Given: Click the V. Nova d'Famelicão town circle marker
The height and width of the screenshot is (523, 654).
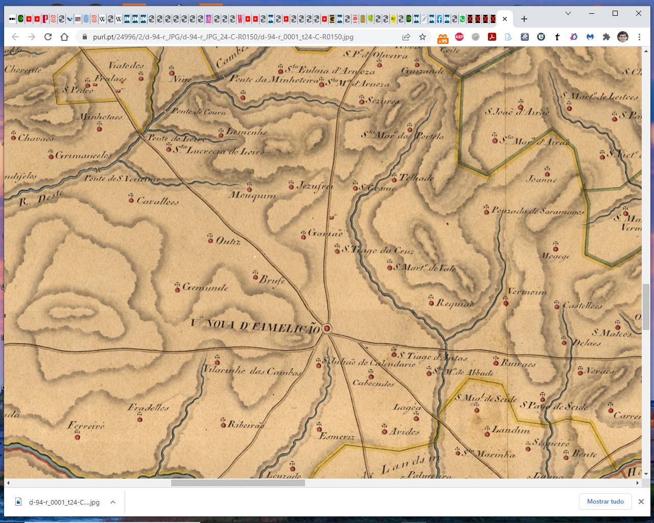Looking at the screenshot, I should [327, 328].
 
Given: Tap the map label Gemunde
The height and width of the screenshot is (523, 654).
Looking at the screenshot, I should [205, 288].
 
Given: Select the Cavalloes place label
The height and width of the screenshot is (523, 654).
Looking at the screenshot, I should [158, 201].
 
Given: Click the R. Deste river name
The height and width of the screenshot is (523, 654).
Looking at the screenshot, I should [41, 198].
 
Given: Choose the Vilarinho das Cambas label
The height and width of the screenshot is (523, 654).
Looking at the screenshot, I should [252, 371].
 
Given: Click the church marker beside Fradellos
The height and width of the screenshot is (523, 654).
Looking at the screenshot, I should [139, 419].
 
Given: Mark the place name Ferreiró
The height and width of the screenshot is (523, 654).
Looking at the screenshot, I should [86, 425].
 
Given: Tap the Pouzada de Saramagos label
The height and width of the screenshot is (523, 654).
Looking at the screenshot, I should [538, 211].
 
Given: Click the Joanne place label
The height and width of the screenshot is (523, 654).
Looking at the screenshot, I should [542, 179].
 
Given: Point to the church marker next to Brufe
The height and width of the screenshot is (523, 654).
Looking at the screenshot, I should [255, 276].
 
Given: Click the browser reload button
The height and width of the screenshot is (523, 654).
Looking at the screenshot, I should [48, 37].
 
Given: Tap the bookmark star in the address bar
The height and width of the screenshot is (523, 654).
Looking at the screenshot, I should [423, 37].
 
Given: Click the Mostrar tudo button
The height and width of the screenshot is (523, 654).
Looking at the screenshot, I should [605, 502].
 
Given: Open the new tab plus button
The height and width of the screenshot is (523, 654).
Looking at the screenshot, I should [524, 19].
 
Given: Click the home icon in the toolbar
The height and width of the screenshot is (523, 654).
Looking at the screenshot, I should [64, 37].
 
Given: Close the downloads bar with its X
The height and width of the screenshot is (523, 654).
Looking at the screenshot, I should [641, 502].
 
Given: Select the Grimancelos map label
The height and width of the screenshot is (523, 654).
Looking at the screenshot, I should [83, 155].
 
